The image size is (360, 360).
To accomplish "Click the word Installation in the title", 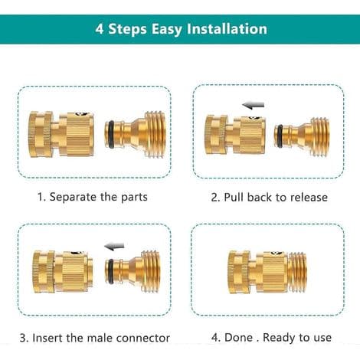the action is pos(227,28).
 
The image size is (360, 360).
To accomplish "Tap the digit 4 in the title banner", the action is pos(100,29).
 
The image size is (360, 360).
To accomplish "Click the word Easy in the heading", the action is pos(168,29).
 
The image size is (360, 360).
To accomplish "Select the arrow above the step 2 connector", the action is pos(254,105).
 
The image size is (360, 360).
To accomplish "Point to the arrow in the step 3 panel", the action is pos(114,247).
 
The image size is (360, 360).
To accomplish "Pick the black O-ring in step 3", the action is pos(111,270).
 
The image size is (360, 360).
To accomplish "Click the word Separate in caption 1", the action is pos(73,197).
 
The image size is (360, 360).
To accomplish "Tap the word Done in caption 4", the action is pos(238,337).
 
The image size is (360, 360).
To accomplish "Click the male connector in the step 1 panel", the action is pos(136,134).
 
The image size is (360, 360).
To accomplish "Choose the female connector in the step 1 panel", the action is pos(61,134).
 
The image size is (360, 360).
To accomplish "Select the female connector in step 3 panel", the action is pos(63,271).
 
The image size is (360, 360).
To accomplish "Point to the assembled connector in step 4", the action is pos(267,272).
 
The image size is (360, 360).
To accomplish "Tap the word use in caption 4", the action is pos(322,338).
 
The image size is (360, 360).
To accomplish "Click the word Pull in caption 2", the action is pos(234,197).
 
